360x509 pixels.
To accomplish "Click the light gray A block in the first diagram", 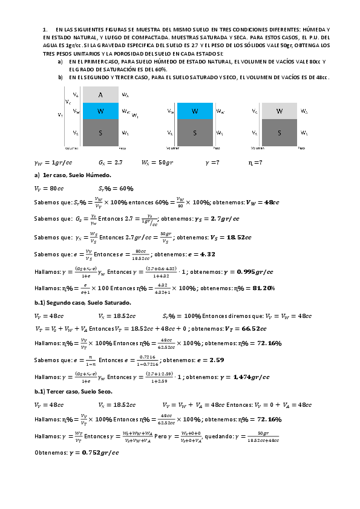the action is (x=100, y=95).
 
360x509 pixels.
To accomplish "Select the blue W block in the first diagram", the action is (x=100, y=111).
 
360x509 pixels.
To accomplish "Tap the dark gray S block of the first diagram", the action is (x=100, y=132).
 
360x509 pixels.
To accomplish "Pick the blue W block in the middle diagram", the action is (x=195, y=111).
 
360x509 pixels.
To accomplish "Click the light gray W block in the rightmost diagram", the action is (x=280, y=111).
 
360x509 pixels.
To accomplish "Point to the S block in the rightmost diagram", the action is (x=280, y=132).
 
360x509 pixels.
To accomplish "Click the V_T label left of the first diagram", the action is (x=60, y=114).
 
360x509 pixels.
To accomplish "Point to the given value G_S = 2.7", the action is (x=110, y=163).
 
